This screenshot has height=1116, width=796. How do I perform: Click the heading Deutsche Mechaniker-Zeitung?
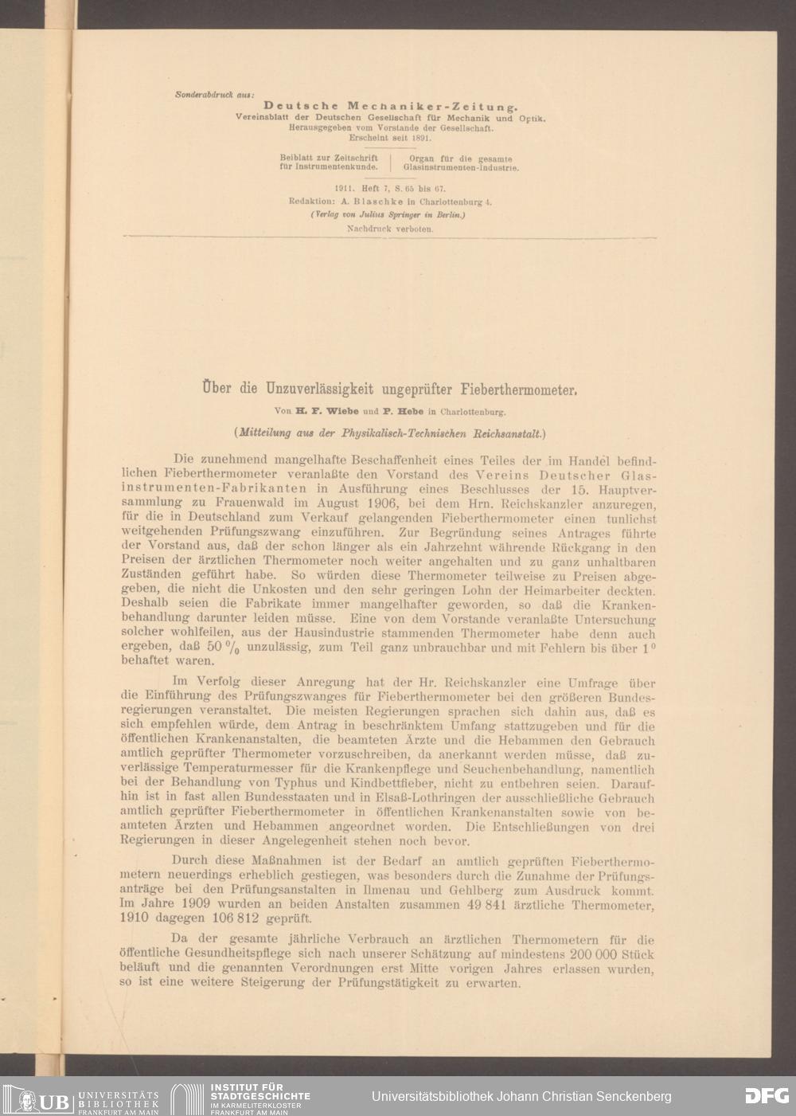pos(391,105)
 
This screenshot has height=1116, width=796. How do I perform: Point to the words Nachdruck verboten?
pos(390,229)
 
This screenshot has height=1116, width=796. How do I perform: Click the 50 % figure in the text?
pos(220,647)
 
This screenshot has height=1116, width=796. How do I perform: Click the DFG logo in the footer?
pos(767,1096)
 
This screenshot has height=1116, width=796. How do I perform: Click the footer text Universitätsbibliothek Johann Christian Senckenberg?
pos(521,1097)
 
